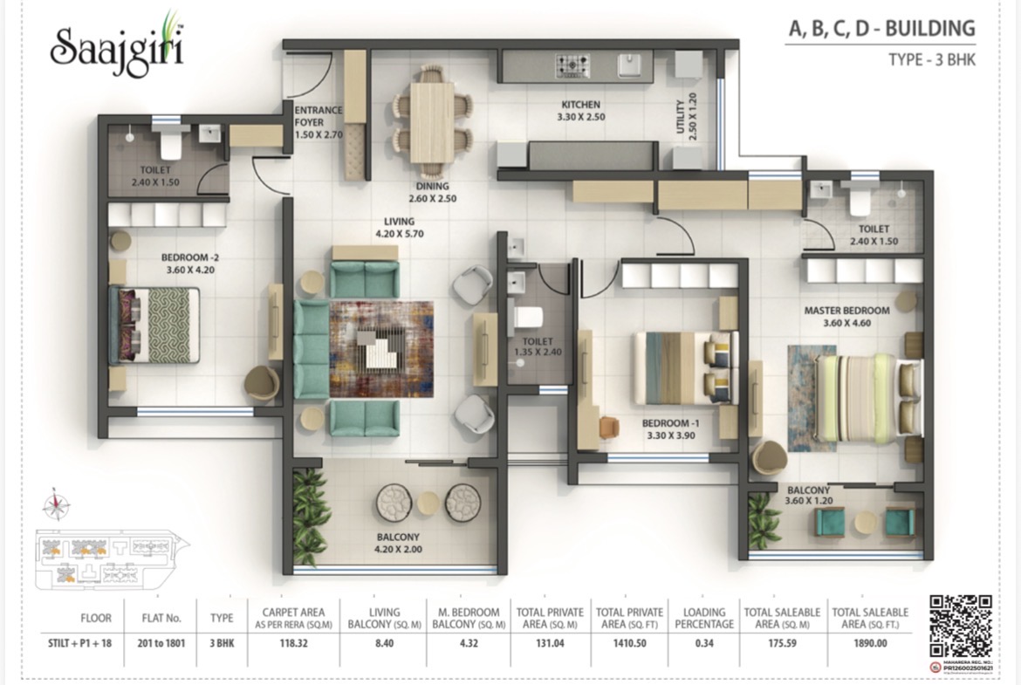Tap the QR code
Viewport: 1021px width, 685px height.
tap(960, 625)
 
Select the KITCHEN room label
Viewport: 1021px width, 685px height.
tap(582, 111)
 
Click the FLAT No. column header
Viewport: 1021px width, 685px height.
tap(162, 619)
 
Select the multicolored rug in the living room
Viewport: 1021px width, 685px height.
tap(380, 346)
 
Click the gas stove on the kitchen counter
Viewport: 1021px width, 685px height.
tap(572, 65)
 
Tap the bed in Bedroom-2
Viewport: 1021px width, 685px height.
tap(155, 325)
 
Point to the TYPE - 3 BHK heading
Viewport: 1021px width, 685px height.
tap(930, 60)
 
